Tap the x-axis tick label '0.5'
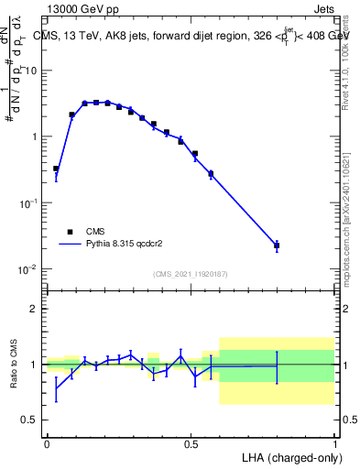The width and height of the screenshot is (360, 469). (191, 443)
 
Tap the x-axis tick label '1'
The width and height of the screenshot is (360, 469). (334, 443)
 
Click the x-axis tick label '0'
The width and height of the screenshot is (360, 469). (47, 443)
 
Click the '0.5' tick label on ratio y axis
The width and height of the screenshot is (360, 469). (30, 420)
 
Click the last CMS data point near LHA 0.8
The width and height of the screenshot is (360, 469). (277, 245)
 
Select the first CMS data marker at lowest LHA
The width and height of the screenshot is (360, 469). (56, 169)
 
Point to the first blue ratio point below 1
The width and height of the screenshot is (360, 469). (56, 388)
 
